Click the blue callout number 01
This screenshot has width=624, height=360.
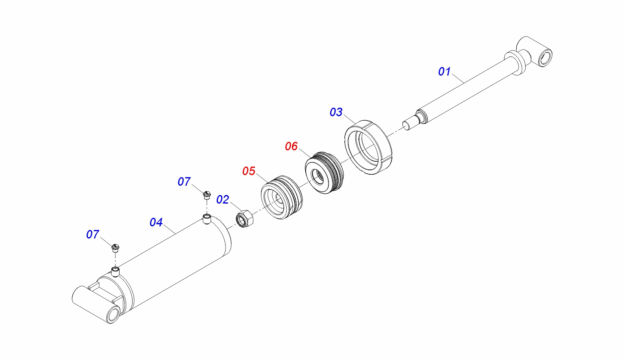tap(444, 72)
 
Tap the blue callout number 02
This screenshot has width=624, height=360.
tap(223, 200)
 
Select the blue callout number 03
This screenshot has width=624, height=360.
tap(336, 112)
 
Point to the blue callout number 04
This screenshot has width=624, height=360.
tap(156, 222)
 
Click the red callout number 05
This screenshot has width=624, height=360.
tap(249, 171)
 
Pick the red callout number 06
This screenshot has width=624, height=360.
tap(291, 146)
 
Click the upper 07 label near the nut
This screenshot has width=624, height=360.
tap(184, 182)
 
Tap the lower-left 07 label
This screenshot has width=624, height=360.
tap(93, 234)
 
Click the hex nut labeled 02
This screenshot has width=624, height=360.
tap(245, 218)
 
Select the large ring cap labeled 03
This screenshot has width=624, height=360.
tap(368, 147)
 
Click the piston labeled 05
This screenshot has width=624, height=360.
tap(282, 197)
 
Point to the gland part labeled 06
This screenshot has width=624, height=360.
tap(324, 173)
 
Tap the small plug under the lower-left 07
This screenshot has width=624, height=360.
tap(115, 248)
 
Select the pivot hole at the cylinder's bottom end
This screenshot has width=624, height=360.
tap(114, 314)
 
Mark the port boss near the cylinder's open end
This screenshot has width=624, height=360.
tap(207, 219)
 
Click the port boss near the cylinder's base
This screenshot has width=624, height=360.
tap(115, 271)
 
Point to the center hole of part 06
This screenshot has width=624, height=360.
tap(317, 177)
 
